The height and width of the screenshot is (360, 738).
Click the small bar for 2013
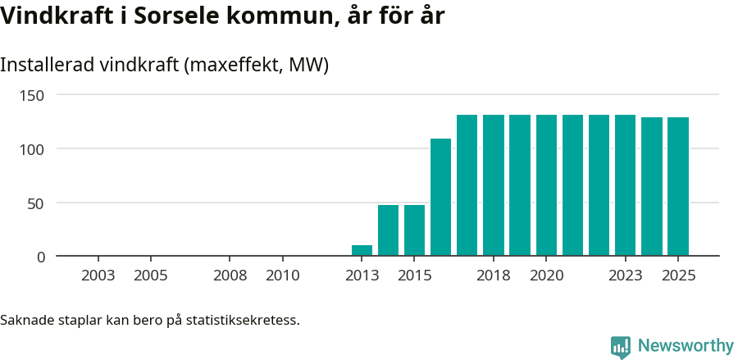[x=362, y=250]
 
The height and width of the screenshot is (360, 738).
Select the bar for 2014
[x=388, y=230]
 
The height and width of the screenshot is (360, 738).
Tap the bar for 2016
[x=440, y=197]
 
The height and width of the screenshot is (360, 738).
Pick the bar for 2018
[x=494, y=185]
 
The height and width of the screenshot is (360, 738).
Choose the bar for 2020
[x=546, y=185]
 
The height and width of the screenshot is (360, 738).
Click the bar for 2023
[x=625, y=185]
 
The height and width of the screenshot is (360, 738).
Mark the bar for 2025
[x=678, y=186]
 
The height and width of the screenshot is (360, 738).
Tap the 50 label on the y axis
[x=37, y=203]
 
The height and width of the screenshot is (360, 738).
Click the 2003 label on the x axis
[x=98, y=276]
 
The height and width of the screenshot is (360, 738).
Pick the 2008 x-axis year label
[x=230, y=276]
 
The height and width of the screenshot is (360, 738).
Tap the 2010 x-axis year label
[x=282, y=276]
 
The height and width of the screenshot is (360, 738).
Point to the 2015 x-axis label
[x=414, y=276]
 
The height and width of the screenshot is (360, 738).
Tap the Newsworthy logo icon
[x=621, y=346]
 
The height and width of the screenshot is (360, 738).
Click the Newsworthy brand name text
[x=685, y=346]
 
